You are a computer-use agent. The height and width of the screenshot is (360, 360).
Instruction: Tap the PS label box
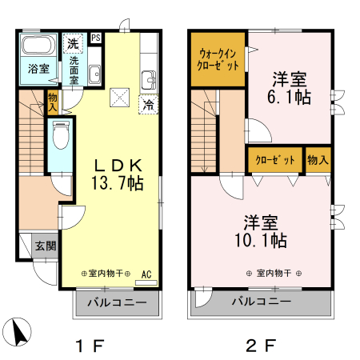point(96,38)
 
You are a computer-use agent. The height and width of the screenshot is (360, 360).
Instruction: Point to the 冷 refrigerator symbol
point(148,104)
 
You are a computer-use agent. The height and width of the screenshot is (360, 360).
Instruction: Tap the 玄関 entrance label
point(45,246)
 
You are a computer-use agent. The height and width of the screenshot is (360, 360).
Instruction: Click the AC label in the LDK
point(146,274)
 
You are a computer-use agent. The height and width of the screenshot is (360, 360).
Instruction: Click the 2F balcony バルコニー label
point(260,302)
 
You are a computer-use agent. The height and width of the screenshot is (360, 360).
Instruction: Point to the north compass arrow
point(21,330)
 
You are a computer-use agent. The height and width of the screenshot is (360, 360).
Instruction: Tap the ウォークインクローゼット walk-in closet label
point(218,60)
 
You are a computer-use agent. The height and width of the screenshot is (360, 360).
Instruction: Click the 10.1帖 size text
point(260,238)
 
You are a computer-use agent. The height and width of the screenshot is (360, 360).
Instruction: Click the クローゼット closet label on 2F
point(275,159)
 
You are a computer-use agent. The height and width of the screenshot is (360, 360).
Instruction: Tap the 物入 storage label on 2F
point(318,159)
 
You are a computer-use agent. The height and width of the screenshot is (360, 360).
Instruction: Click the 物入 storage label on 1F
point(53,101)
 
